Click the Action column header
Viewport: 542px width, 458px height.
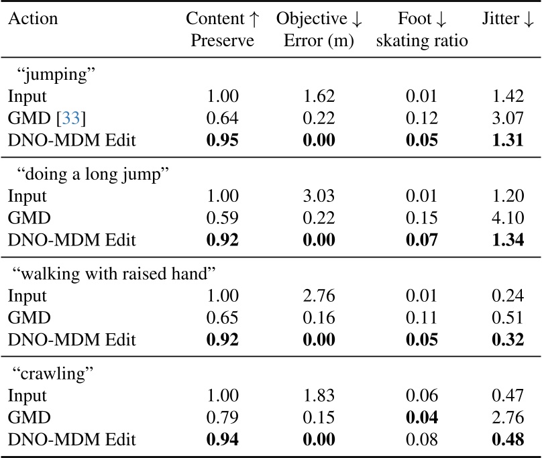pyautogui.click(x=32, y=19)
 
